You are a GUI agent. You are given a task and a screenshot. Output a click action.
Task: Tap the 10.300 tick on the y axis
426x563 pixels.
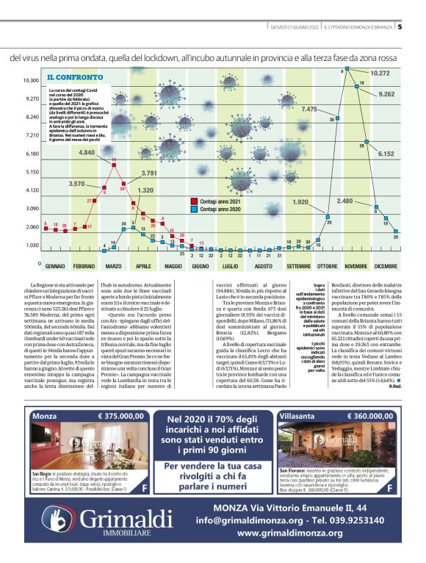pyautogui.click(x=30, y=81)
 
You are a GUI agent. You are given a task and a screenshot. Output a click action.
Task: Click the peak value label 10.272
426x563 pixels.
pyautogui.click(x=380, y=73)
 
